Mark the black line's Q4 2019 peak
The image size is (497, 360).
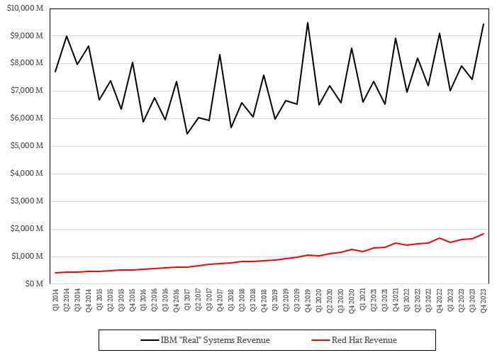[308, 22]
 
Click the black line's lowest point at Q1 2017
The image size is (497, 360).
[187, 134]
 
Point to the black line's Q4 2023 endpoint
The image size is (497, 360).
[484, 24]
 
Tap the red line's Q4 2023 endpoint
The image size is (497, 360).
[484, 234]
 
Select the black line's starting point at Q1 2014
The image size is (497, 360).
[55, 72]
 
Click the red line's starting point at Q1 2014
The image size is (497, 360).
[55, 273]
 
